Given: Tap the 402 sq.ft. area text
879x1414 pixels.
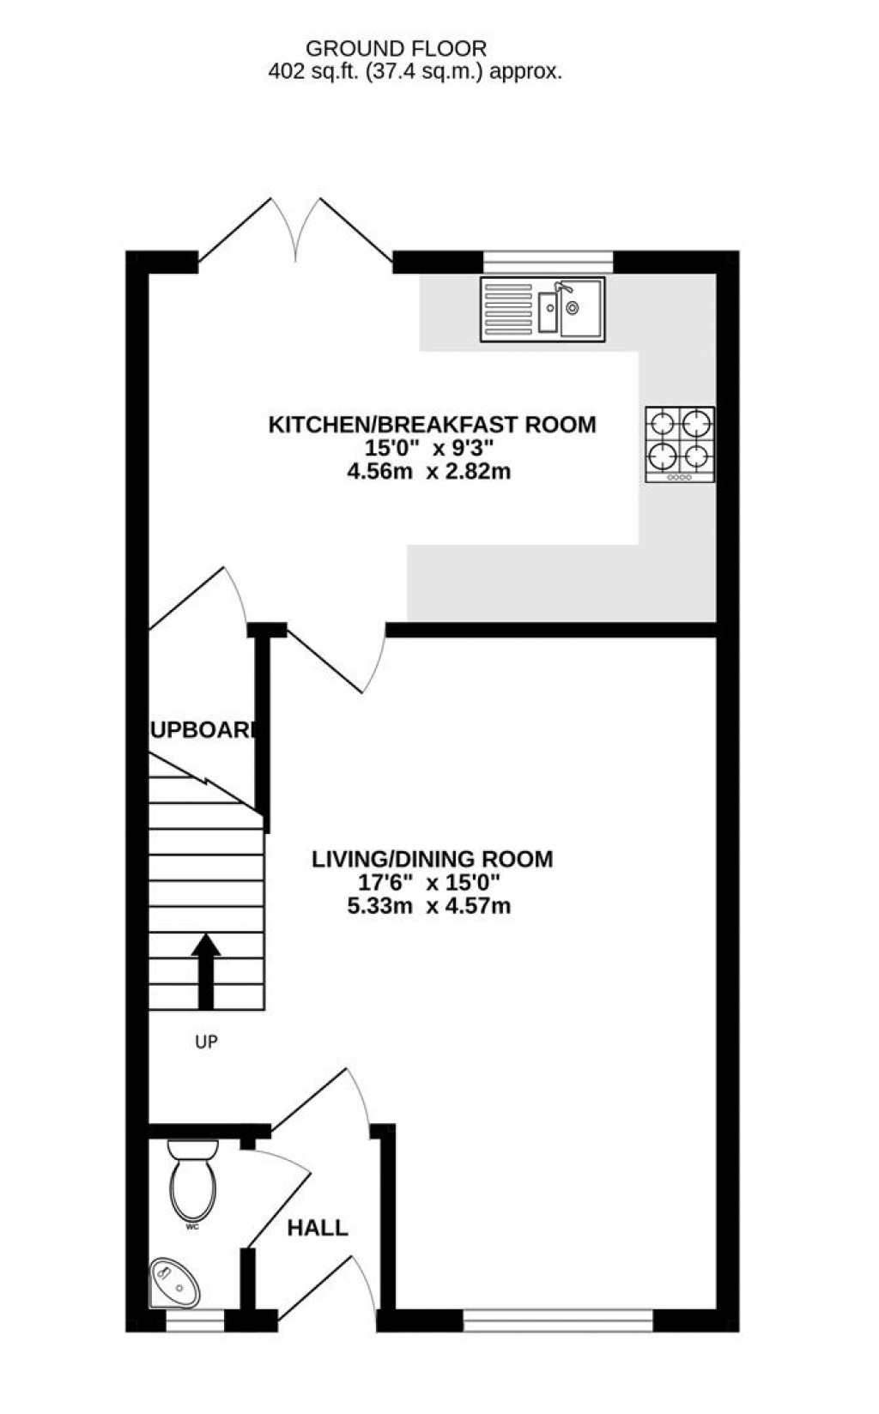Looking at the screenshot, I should point(415,73).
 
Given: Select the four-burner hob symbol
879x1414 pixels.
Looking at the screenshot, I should point(681,444).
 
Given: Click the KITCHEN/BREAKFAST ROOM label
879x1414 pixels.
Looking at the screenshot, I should point(432,424).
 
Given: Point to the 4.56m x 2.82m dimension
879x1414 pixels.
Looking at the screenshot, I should point(433,471).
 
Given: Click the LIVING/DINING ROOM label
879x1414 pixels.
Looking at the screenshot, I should point(432,859).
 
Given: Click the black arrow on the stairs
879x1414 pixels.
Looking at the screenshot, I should point(206,970).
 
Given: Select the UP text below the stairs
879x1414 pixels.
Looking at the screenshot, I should point(206,1042).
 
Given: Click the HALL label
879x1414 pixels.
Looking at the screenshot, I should point(317,1228).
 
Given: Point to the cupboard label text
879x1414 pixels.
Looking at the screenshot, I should point(203,730).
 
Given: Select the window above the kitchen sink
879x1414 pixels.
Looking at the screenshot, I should point(549,261).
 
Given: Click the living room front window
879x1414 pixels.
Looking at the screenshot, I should point(558,1320).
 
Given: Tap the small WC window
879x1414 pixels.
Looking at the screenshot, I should point(194,1320).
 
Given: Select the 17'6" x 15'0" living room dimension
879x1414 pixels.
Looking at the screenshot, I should point(428,882).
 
